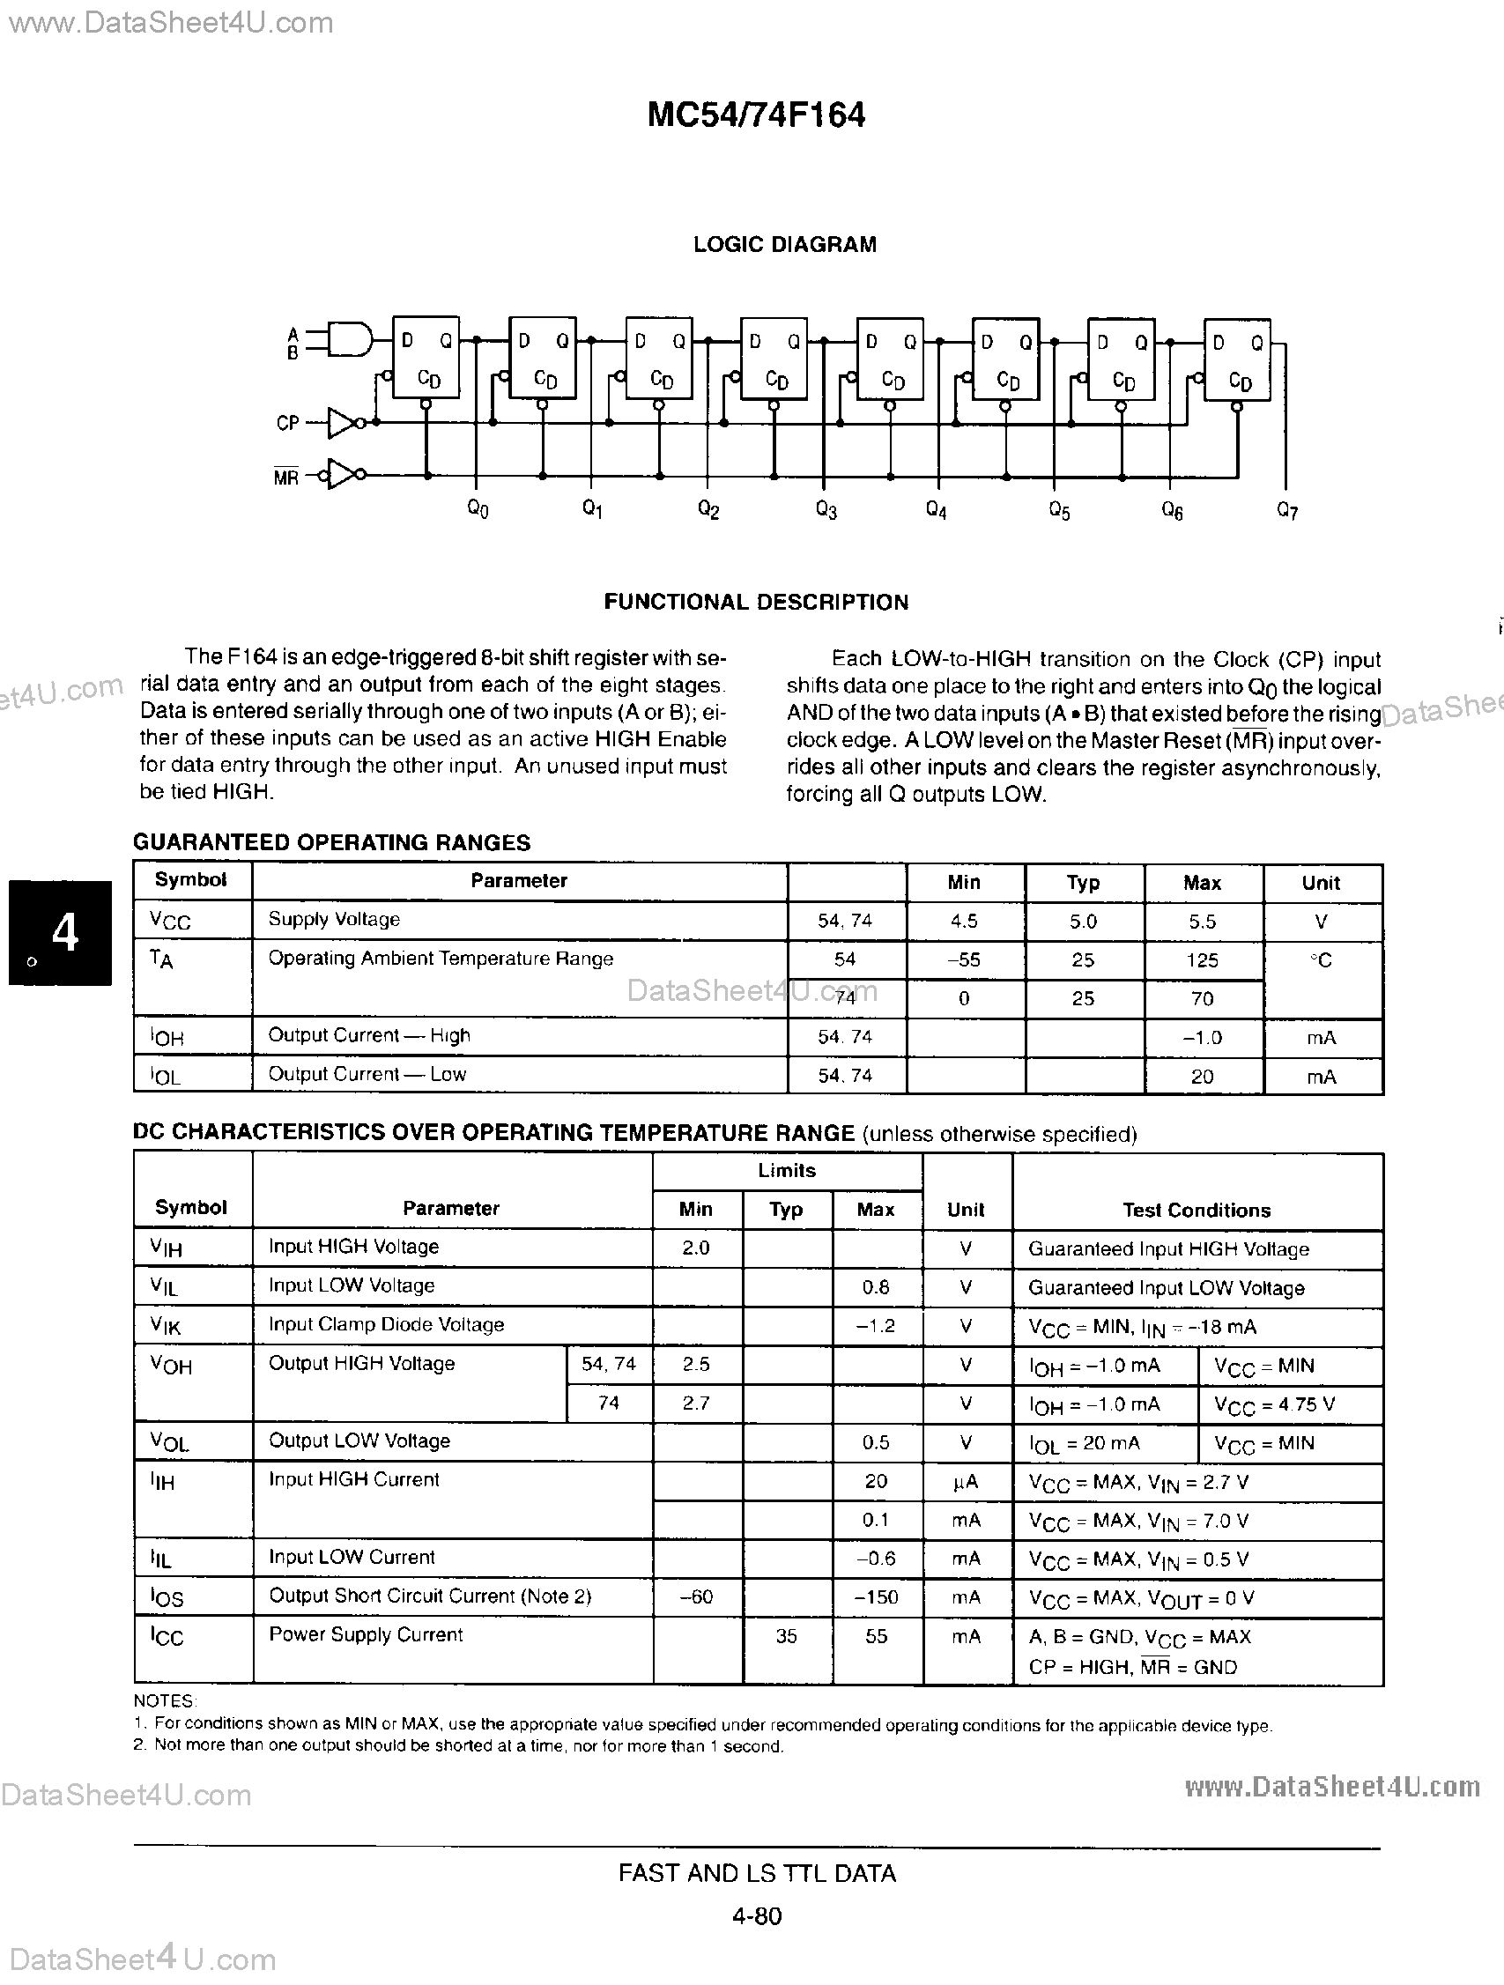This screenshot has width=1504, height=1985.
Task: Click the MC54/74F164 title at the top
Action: [x=756, y=115]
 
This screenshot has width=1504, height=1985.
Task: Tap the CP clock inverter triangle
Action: [x=342, y=423]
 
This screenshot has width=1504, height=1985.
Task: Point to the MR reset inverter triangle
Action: [x=342, y=475]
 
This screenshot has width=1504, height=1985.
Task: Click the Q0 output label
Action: [x=478, y=510]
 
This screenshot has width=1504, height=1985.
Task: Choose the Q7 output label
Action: [x=1287, y=512]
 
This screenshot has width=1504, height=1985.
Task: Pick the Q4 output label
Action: [x=936, y=511]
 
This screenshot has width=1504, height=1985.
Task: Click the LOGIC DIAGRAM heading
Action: [x=784, y=245]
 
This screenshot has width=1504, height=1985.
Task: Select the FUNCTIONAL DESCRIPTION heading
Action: [x=756, y=602]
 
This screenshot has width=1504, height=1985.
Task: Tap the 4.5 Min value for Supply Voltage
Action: [x=964, y=922]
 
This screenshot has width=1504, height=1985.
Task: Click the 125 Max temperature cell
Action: [x=1202, y=960]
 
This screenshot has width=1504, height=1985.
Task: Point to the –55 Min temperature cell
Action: [x=964, y=960]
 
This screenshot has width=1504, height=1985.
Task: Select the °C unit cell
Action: [x=1321, y=961]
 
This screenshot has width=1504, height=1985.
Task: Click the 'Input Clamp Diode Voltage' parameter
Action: [x=386, y=1324]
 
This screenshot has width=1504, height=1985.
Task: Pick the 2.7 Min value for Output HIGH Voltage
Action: [x=695, y=1403]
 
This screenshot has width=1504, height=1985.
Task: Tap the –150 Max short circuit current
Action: [x=876, y=1597]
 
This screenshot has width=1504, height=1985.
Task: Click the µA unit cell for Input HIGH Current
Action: [x=966, y=1482]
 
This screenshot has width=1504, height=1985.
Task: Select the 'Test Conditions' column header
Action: [x=1197, y=1210]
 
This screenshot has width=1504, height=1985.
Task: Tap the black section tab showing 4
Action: [x=61, y=932]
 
